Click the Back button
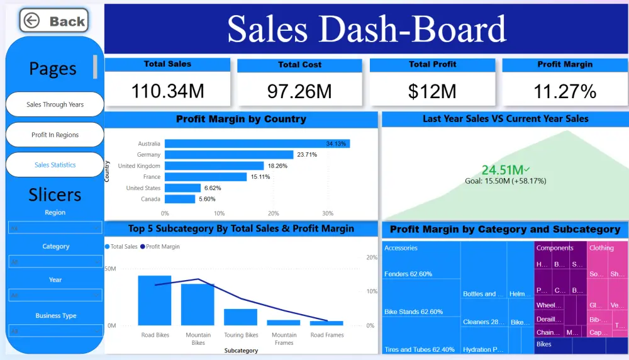coord(54,21)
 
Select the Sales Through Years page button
coord(55,104)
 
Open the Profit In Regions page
coord(55,135)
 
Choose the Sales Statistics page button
coord(55,165)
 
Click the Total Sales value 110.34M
coord(167,91)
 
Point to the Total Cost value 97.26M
coord(299,91)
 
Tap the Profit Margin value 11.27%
coord(564,91)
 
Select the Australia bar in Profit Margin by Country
coord(257,143)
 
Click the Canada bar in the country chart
coord(180,199)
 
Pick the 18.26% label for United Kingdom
coord(277,166)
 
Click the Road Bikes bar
coord(155,300)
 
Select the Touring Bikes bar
coord(240,317)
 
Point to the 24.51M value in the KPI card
coord(503,170)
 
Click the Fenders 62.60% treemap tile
coord(408,274)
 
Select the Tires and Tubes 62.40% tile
coord(419,349)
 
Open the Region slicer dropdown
coord(55,227)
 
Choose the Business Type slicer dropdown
coord(55,330)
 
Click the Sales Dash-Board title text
coord(366,29)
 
